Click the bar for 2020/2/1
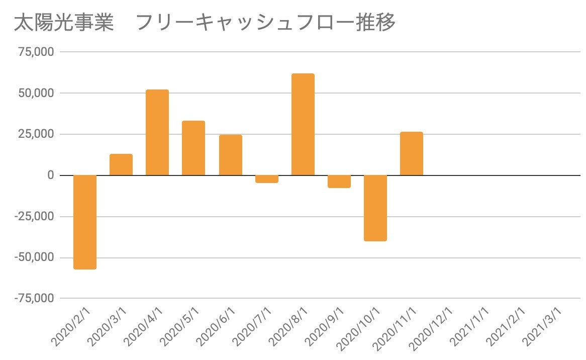(84, 222)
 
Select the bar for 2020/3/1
(121, 165)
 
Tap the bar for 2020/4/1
(157, 133)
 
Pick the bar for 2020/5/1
(193, 148)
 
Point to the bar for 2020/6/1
(230, 155)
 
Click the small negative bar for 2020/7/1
(267, 179)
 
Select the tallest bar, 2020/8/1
(303, 125)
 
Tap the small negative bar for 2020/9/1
(339, 182)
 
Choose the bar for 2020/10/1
(375, 208)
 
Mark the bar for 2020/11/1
(412, 154)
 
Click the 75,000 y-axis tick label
(37, 52)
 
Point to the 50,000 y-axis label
(37, 93)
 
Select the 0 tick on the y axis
(50, 175)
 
